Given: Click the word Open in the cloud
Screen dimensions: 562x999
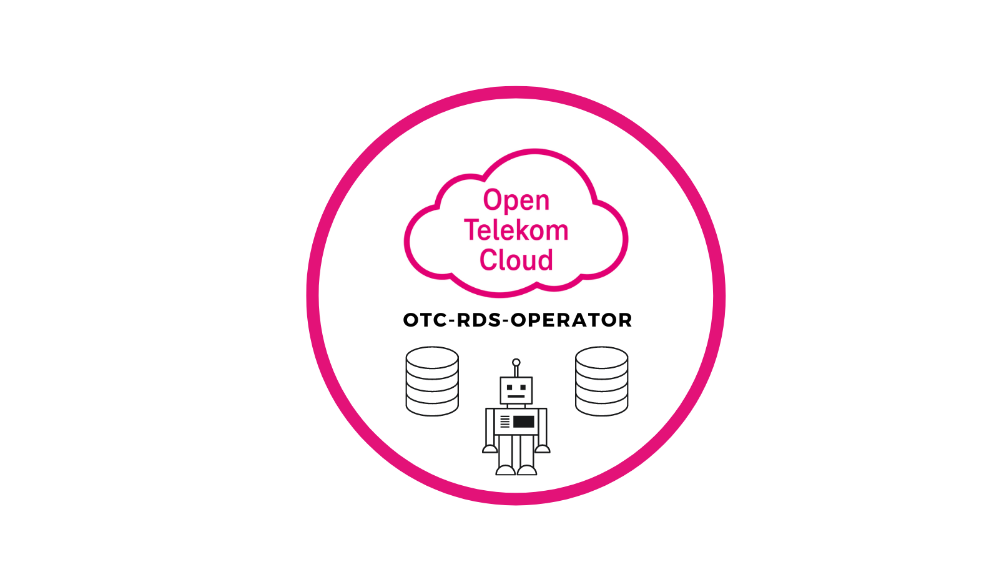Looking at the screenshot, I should (516, 200).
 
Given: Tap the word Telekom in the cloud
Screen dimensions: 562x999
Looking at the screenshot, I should (516, 230).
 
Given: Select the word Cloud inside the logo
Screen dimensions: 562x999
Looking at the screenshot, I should (516, 260).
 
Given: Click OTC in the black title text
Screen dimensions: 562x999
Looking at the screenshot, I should (425, 320).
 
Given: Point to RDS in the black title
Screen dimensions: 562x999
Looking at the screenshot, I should (479, 320).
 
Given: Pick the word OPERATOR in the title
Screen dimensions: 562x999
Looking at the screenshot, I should (571, 320).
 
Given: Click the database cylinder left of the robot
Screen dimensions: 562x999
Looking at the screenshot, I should (432, 381).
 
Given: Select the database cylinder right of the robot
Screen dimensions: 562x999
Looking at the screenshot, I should (601, 381).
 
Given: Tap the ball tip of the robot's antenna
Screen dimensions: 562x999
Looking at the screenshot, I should (516, 362).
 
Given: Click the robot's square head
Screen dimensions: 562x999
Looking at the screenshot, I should (516, 390).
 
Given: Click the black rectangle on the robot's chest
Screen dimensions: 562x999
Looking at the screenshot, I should (524, 421).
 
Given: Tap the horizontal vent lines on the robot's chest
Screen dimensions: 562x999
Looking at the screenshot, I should (504, 421).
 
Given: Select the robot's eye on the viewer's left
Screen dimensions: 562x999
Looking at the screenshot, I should (509, 388).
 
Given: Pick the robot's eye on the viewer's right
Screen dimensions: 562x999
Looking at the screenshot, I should (523, 388).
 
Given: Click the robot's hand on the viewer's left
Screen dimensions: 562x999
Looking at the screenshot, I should (490, 448).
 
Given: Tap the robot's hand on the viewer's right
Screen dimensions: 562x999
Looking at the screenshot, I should (543, 448).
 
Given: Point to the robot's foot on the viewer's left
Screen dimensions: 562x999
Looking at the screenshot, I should (505, 470).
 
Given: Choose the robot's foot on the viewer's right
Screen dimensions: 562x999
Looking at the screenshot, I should (528, 470).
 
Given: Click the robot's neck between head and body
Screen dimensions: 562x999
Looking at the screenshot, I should (516, 406).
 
